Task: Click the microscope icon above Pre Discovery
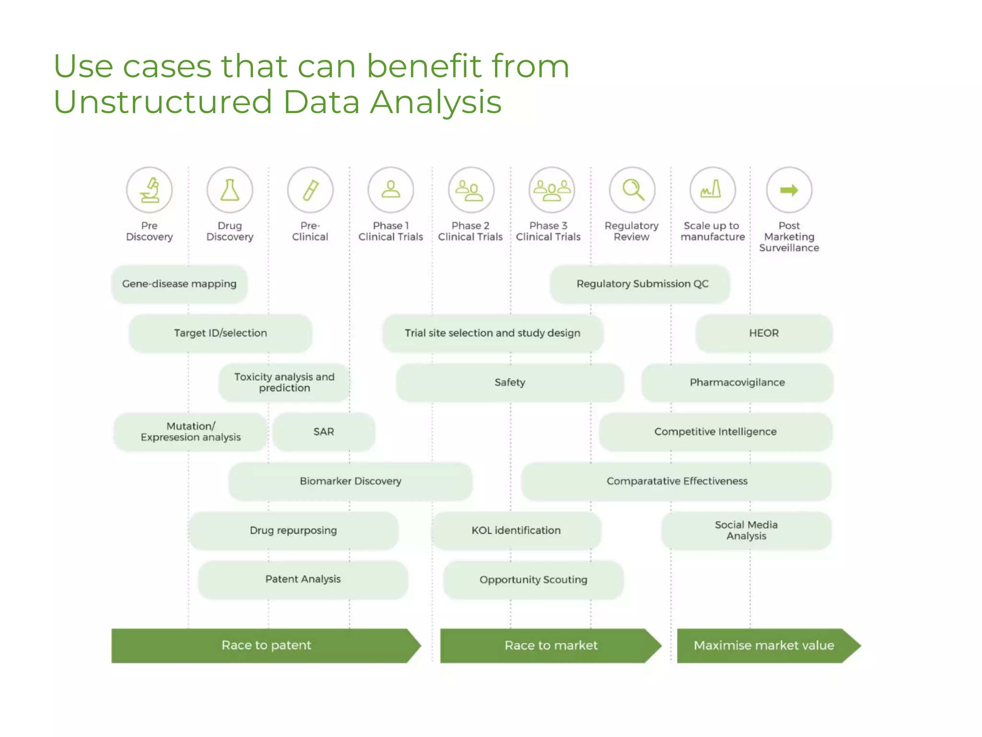[149, 190]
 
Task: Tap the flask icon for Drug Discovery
[230, 190]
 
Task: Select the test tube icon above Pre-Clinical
[310, 190]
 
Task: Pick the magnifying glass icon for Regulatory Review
[632, 190]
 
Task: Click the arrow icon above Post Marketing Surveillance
[789, 190]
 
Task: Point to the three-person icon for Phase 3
[552, 190]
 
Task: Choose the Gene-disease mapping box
[179, 284]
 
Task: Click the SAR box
[324, 432]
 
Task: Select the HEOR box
[764, 333]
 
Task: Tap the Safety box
[510, 382]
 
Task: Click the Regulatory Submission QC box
[642, 284]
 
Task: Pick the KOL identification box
[516, 530]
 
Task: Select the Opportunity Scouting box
[533, 580]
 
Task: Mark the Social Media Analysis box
[746, 530]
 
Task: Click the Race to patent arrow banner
[266, 645]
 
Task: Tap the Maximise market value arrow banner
[764, 645]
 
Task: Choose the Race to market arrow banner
[551, 645]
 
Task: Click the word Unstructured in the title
[163, 102]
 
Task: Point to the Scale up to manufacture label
[713, 231]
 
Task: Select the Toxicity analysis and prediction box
[284, 382]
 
